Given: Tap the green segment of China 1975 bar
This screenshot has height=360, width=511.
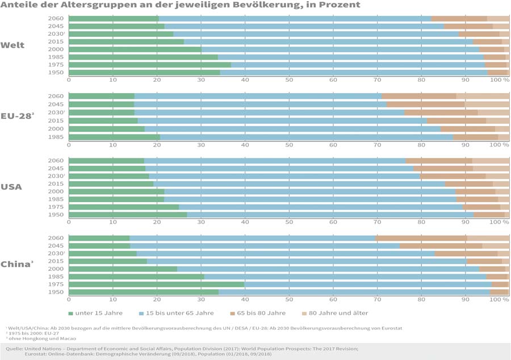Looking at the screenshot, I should [x=156, y=284].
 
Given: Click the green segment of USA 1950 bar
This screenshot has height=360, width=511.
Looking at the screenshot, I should [x=128, y=214].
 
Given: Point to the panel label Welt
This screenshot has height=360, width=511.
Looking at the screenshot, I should [x=12, y=45].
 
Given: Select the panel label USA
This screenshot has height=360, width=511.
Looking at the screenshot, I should [x=11, y=187].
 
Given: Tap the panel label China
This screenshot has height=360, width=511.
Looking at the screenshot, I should [x=16, y=265].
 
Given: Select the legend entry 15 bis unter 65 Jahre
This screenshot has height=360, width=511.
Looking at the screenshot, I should [x=176, y=313].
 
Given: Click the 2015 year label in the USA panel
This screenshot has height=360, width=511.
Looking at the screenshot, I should [x=56, y=184].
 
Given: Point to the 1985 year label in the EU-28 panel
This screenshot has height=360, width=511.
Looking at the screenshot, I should [x=56, y=137].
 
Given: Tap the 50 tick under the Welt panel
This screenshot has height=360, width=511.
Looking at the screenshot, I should [x=289, y=79].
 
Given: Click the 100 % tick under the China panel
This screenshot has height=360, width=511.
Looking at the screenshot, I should [x=500, y=299].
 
